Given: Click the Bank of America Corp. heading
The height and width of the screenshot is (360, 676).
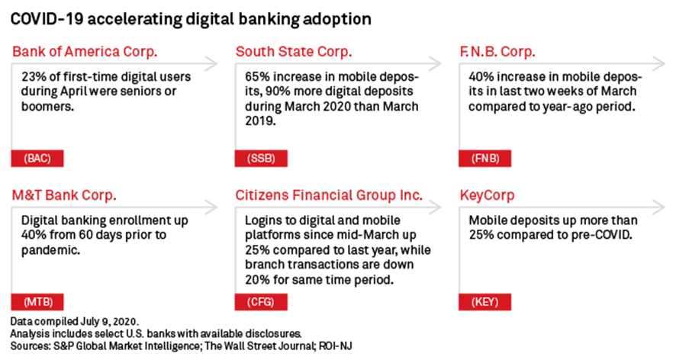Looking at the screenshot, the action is (x=85, y=52).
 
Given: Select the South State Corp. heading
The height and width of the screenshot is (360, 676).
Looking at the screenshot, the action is (x=294, y=52).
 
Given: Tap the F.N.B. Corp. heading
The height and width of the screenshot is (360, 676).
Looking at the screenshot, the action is (x=497, y=52).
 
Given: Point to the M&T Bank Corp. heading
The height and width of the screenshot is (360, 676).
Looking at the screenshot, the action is (x=64, y=195).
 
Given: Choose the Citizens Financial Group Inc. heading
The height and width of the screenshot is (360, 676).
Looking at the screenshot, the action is (x=329, y=195).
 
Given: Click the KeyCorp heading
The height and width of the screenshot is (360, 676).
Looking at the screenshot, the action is (x=488, y=196).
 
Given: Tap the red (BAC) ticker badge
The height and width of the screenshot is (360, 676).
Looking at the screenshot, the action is (x=37, y=158).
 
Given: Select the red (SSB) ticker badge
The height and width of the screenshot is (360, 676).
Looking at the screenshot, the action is (x=261, y=158).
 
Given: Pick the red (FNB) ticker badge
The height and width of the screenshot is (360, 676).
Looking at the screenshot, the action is (x=485, y=158).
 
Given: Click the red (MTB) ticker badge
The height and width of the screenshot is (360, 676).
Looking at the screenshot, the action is (x=37, y=302).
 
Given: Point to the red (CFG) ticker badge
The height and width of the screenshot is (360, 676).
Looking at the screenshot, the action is (x=261, y=302).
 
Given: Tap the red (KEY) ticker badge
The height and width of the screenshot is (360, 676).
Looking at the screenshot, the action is (x=485, y=302).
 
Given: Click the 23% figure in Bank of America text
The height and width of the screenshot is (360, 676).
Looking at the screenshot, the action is (x=34, y=77).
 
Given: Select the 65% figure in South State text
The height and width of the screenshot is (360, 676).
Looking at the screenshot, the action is (x=257, y=77).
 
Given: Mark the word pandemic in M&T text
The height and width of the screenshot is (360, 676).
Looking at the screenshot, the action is (x=50, y=250).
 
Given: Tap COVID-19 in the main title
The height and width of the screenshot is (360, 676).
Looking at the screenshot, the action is (x=47, y=19).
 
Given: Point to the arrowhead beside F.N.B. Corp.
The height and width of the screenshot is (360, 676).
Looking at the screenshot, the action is (x=660, y=64).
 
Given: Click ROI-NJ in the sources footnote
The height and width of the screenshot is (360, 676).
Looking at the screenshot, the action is (x=336, y=346).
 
